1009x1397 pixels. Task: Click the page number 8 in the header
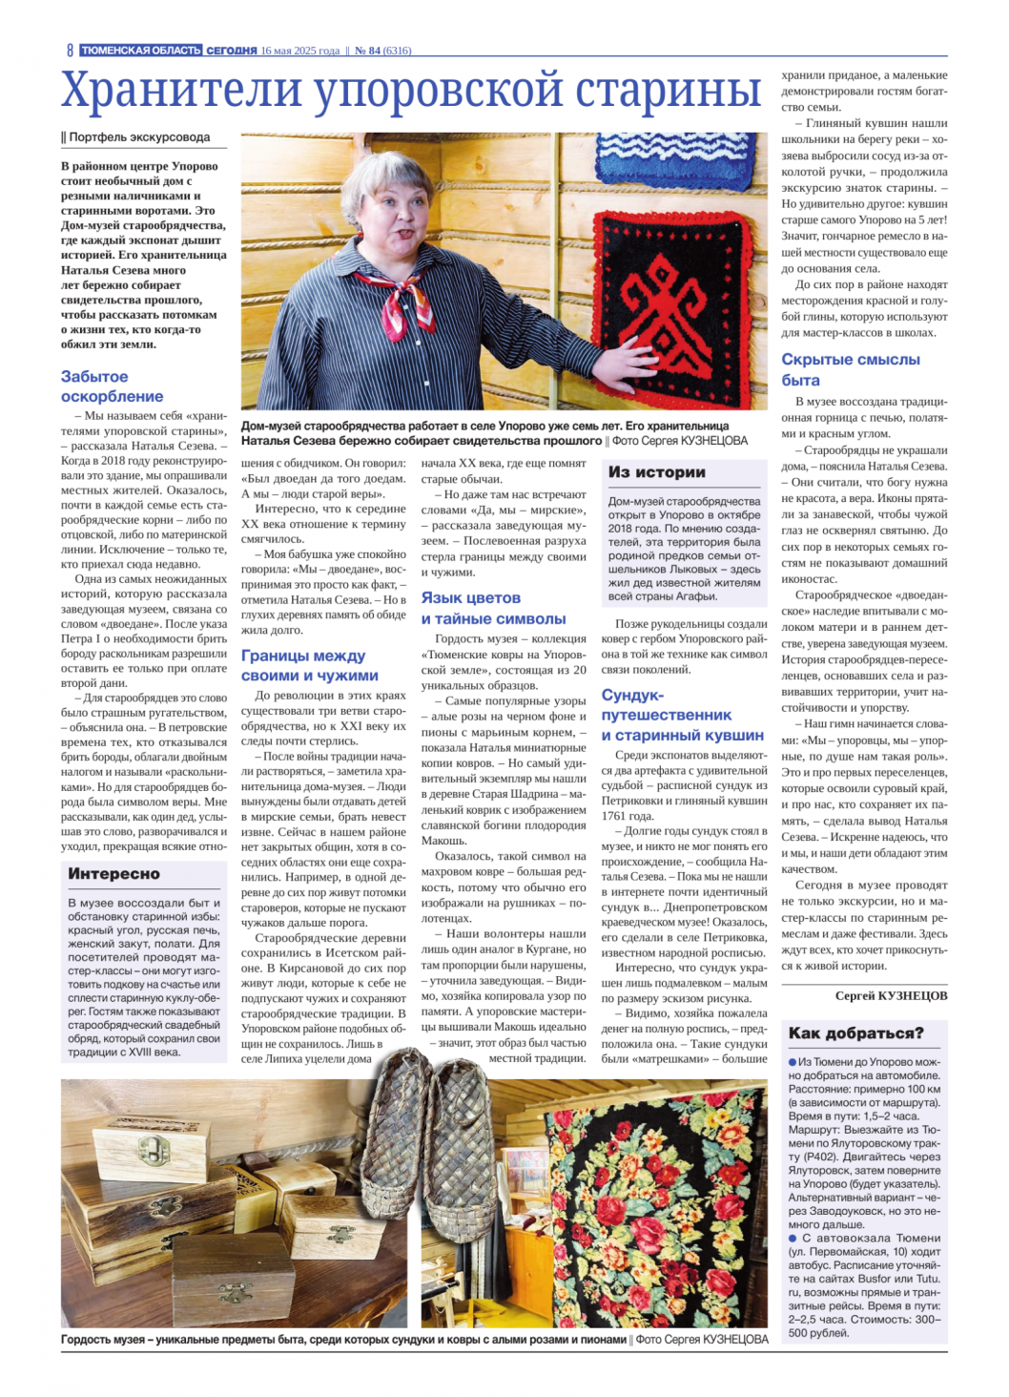click(70, 51)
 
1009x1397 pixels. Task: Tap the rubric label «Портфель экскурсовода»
click(139, 137)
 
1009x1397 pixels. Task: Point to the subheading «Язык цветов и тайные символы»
click(493, 608)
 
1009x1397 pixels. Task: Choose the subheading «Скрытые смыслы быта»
click(851, 369)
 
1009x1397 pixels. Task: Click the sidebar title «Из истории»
click(657, 472)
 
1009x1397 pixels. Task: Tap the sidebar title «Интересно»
click(114, 873)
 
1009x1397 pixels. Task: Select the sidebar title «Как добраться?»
click(855, 1033)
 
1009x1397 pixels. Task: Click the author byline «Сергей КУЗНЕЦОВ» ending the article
click(891, 995)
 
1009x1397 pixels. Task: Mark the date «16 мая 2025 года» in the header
click(299, 51)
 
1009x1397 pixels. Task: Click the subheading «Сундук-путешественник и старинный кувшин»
click(682, 715)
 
